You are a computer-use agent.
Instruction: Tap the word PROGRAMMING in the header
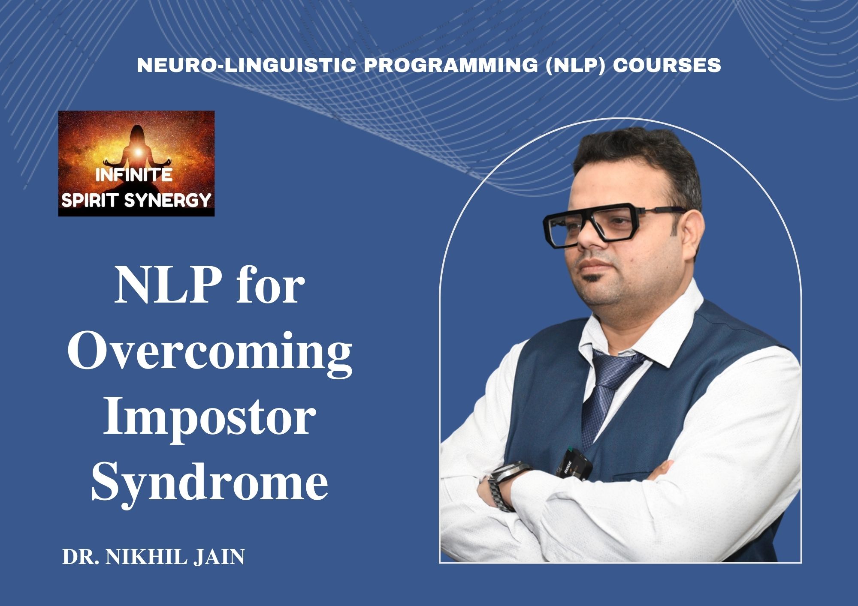pyautogui.click(x=450, y=65)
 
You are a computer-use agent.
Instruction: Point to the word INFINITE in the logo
pyautogui.click(x=134, y=176)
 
